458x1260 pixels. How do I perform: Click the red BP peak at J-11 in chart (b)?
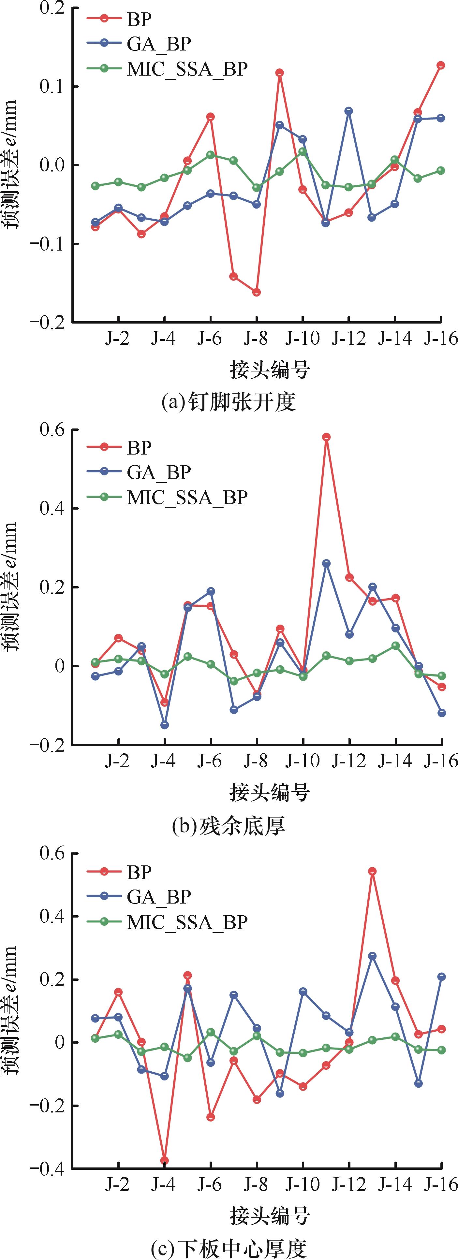(326, 437)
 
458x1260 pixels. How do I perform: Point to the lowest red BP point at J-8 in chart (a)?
(257, 292)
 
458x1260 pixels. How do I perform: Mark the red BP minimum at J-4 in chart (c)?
(164, 1160)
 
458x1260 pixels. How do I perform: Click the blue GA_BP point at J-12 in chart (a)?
(349, 111)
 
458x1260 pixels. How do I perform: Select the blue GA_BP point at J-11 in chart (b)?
(326, 563)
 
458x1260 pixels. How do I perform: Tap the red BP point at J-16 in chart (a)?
(441, 65)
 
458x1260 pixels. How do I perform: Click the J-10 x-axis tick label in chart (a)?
(303, 338)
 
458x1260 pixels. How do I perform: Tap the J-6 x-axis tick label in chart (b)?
(210, 761)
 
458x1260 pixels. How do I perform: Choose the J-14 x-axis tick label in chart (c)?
(394, 1185)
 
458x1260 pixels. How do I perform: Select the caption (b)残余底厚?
(229, 826)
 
